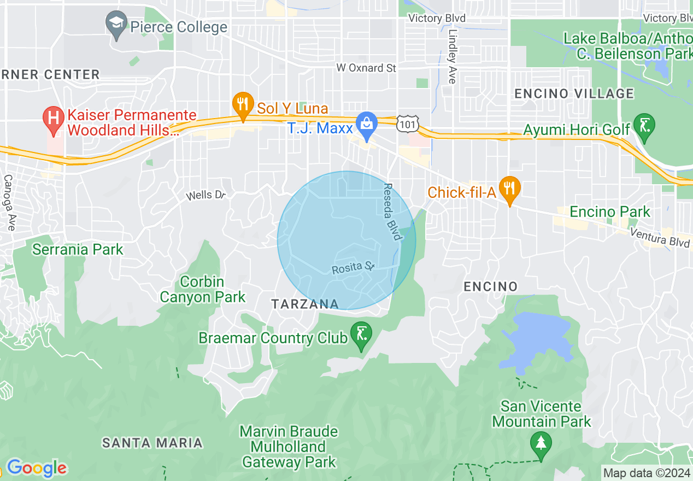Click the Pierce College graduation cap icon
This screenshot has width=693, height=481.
(116, 25)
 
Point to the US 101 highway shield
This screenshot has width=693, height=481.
(408, 125)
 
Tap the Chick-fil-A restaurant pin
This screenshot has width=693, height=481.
(509, 189)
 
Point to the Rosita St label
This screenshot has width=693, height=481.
(353, 268)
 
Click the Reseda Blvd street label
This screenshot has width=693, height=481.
(391, 212)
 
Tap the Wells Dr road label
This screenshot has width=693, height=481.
(205, 195)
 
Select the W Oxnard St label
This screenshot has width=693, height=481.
(366, 68)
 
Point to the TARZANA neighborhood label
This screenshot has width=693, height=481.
(305, 304)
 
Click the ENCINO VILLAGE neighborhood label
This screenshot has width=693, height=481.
(574, 93)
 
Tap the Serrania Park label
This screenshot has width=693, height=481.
(78, 250)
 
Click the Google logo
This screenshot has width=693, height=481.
(36, 468)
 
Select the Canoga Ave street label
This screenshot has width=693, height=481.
(9, 202)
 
